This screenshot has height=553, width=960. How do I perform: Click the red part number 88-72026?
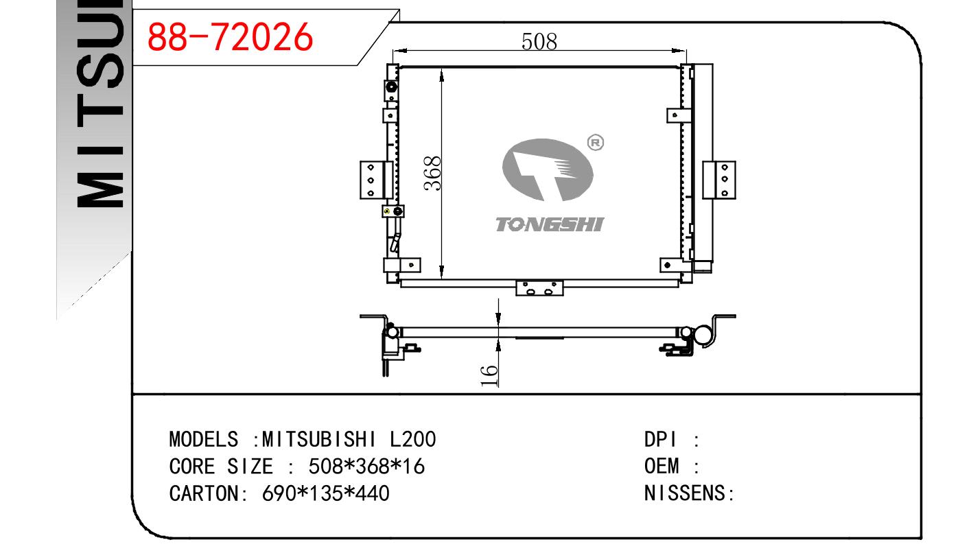(x=230, y=37)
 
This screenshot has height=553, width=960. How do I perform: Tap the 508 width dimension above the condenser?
(x=539, y=42)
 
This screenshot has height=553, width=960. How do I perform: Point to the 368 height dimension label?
(x=432, y=173)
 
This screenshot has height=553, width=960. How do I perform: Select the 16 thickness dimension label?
(x=489, y=376)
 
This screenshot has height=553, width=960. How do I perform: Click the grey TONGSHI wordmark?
(x=550, y=224)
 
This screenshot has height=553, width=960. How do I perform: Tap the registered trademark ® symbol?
(x=595, y=143)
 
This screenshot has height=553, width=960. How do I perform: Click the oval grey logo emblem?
(x=548, y=169)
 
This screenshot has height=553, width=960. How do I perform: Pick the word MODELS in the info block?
(x=204, y=440)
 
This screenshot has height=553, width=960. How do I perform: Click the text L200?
(x=412, y=440)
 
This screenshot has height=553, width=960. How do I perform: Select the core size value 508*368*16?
(x=366, y=467)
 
